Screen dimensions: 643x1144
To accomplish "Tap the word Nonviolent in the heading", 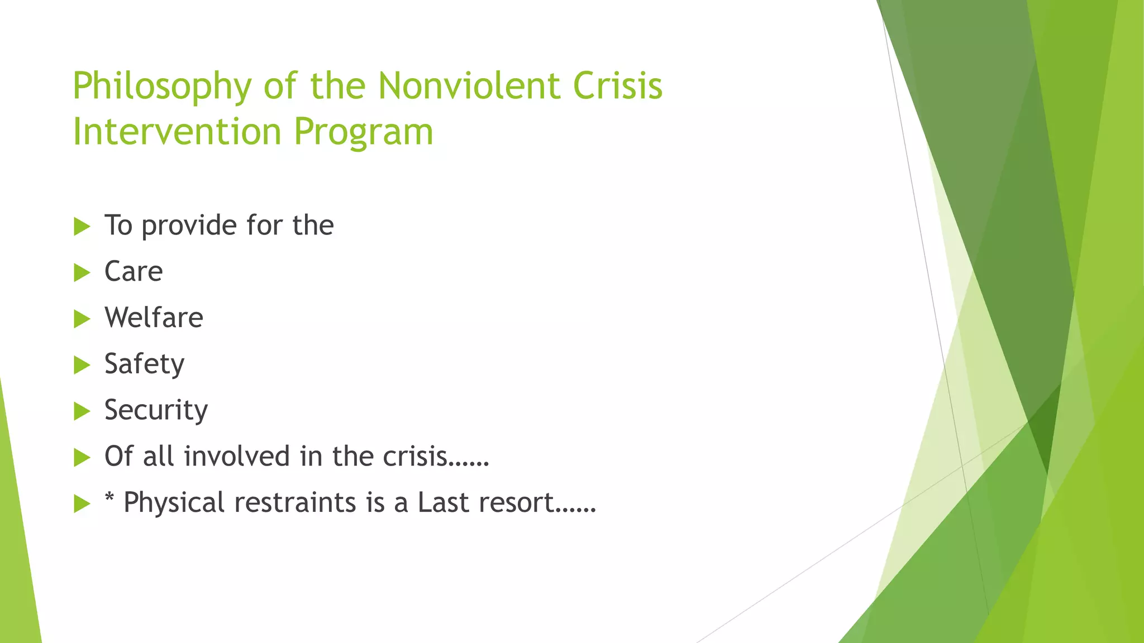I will click(469, 86).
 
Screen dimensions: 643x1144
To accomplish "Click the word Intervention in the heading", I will click(177, 132).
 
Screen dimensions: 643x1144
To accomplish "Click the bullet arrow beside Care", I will click(82, 273).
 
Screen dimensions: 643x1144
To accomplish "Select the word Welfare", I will click(154, 318).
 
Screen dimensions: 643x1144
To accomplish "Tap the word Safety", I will click(144, 364).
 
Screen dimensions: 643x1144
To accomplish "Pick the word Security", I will click(156, 411).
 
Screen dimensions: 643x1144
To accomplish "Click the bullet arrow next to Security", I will click(82, 412).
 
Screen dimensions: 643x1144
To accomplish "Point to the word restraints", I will click(295, 502).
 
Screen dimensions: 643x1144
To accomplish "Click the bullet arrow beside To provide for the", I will click(82, 227).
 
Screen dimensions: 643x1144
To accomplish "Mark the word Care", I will click(134, 272).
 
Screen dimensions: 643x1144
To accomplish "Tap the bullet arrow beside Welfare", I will click(82, 319).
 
